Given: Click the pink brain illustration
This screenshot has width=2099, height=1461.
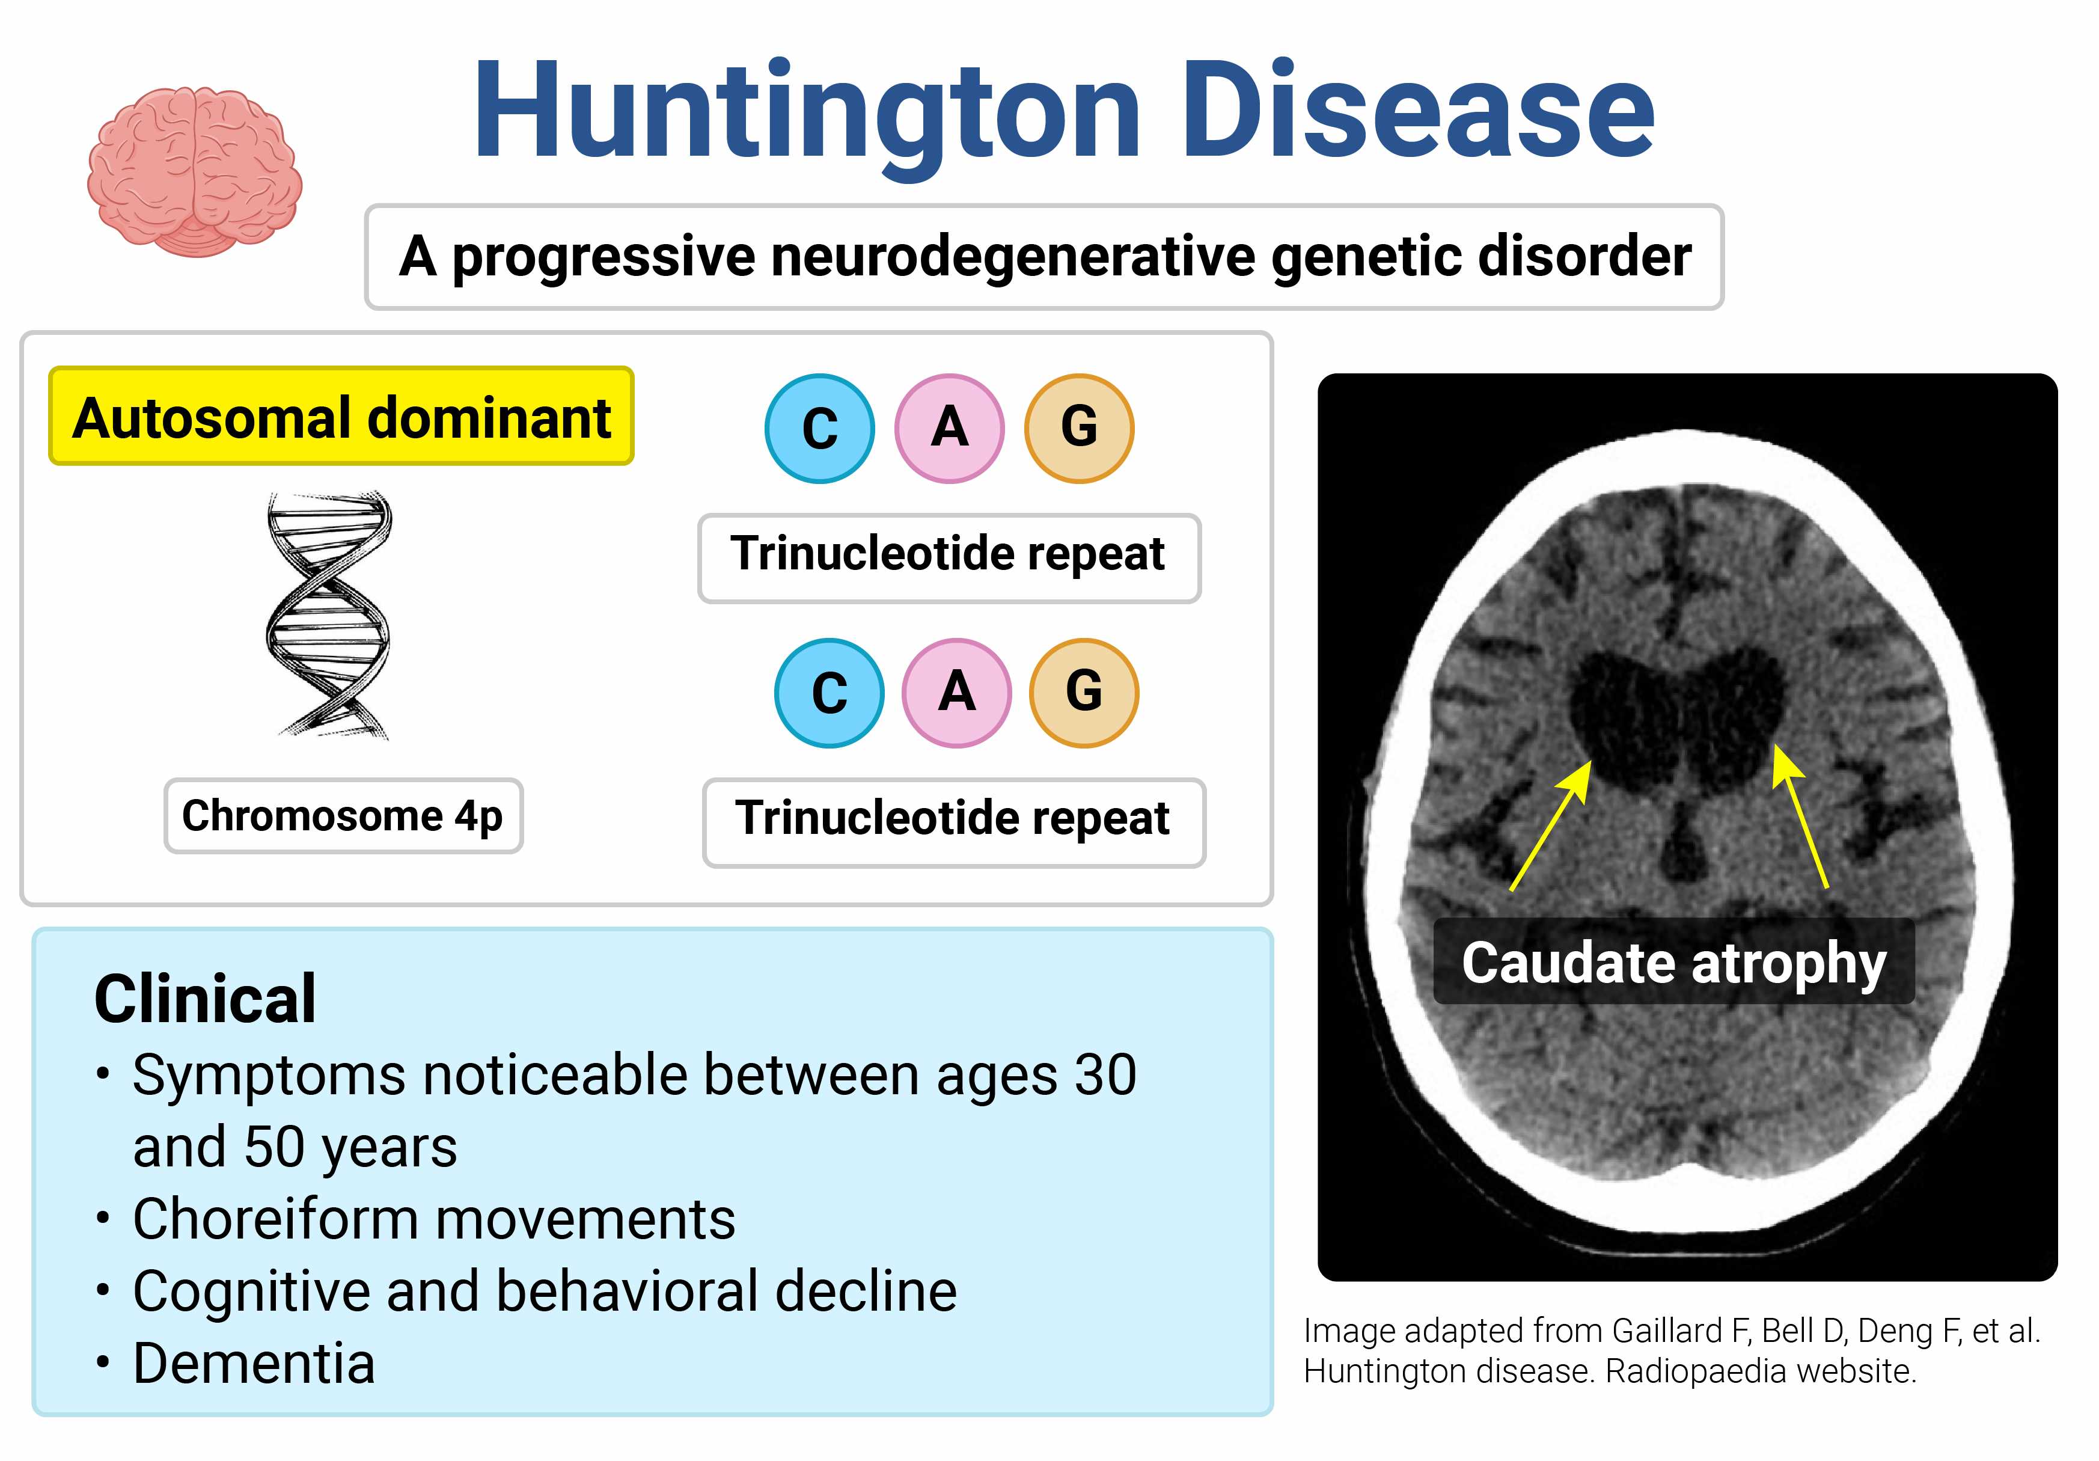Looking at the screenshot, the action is [x=195, y=172].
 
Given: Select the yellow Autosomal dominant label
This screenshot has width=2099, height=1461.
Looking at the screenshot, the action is [x=341, y=416].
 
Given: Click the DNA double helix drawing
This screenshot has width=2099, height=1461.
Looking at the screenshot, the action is [x=329, y=614].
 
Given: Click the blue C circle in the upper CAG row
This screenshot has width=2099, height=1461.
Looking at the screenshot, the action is [x=820, y=428].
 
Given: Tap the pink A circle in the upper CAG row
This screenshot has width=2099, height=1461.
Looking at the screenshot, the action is [x=950, y=428].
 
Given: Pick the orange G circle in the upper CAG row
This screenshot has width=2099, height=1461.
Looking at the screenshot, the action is [x=1080, y=428].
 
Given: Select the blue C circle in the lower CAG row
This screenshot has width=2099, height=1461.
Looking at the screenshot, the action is [x=829, y=692].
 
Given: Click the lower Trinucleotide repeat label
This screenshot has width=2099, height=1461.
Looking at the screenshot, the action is [x=953, y=822].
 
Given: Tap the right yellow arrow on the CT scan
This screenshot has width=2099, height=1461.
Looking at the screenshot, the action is [x=1800, y=816].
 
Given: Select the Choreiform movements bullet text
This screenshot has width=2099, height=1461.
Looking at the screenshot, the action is [x=434, y=1219].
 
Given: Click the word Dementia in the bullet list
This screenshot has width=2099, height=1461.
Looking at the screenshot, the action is [x=254, y=1363].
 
